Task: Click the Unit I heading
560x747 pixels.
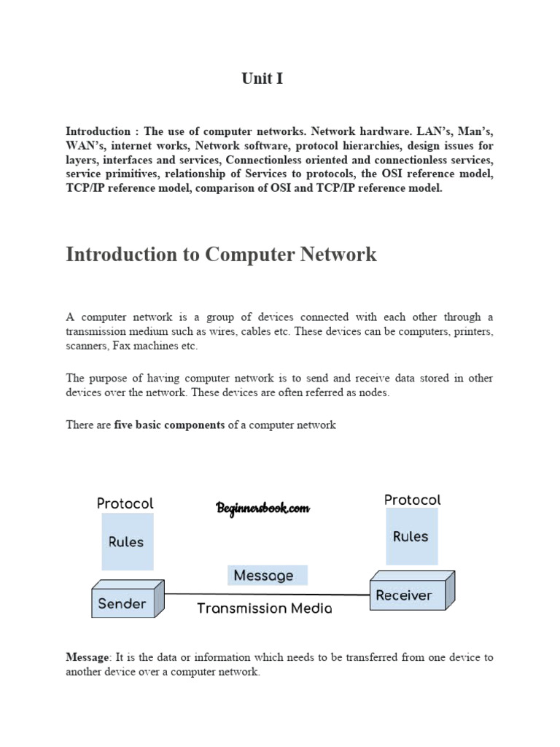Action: [262, 79]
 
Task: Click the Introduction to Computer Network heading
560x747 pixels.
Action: [221, 255]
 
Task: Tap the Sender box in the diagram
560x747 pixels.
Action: [122, 604]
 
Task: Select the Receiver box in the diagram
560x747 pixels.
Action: [403, 596]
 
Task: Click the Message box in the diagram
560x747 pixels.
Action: [264, 576]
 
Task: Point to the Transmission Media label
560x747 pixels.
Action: [264, 608]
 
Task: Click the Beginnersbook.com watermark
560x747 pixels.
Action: [263, 508]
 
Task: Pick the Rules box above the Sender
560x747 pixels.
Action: [126, 542]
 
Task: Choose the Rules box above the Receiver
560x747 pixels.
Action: [411, 537]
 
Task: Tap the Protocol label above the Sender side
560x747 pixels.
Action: [125, 503]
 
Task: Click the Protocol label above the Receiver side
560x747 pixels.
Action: [412, 500]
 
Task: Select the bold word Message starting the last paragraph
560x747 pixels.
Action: [86, 657]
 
